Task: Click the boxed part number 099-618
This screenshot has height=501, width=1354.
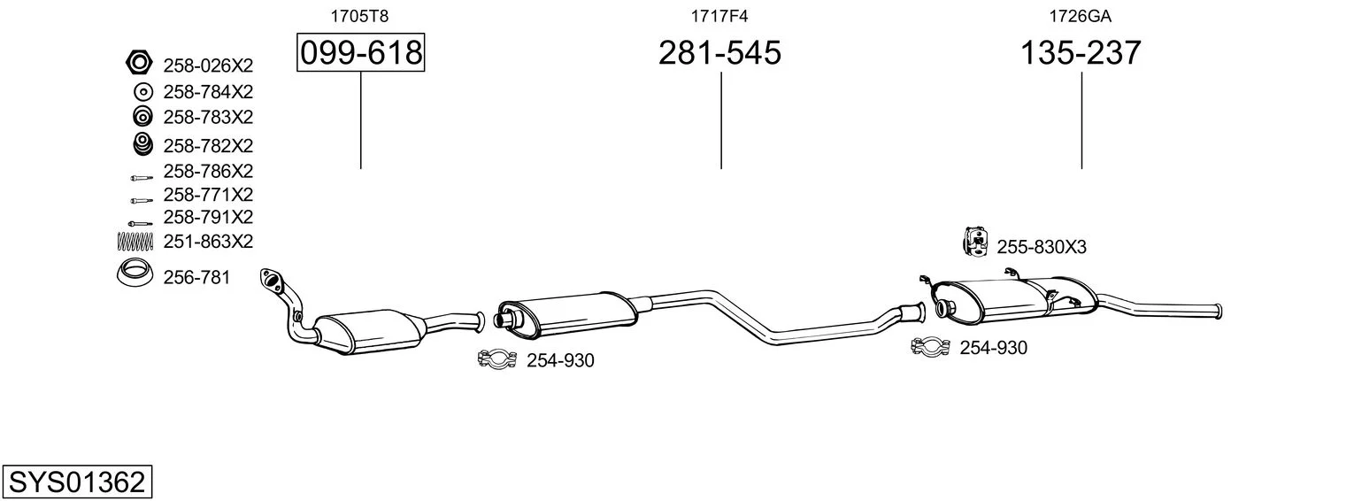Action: pyautogui.click(x=361, y=52)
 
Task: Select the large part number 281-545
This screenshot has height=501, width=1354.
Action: pyautogui.click(x=719, y=52)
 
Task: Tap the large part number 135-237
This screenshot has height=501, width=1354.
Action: pyautogui.click(x=1081, y=52)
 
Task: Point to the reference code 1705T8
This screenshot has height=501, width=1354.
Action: pyautogui.click(x=359, y=16)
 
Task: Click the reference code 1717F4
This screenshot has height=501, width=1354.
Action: pyautogui.click(x=719, y=16)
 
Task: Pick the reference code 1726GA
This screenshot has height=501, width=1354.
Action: pyautogui.click(x=1080, y=16)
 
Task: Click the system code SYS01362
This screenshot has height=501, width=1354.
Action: pyautogui.click(x=77, y=482)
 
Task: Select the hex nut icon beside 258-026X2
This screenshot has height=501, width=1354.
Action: pyautogui.click(x=139, y=62)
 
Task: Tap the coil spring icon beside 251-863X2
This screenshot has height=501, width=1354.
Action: pyautogui.click(x=135, y=241)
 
